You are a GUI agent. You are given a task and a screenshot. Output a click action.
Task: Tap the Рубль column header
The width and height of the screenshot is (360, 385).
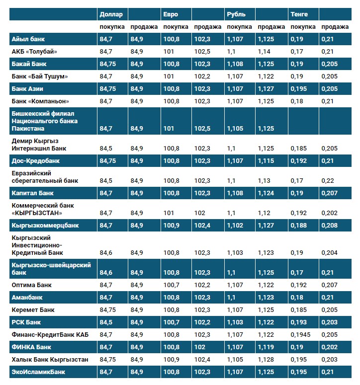coord(236,14)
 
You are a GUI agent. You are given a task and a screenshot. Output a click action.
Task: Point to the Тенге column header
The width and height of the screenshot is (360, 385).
coord(299,14)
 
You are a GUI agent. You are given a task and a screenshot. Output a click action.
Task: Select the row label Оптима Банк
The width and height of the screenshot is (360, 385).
coord(31,285)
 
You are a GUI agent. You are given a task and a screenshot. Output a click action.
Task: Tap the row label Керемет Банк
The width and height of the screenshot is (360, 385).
coord(33,310)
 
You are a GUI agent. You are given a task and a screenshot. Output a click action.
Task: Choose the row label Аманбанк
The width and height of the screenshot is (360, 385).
coord(27,298)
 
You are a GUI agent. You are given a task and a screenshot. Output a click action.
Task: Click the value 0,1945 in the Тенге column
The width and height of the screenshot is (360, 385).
coord(301,335)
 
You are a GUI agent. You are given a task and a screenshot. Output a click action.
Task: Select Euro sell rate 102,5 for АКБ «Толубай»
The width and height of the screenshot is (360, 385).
coord(202,51)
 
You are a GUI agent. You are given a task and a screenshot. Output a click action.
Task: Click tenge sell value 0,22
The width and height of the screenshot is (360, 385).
coord(328,181)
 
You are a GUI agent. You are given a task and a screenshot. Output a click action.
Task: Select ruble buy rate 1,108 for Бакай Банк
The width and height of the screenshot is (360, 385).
coord(236,64)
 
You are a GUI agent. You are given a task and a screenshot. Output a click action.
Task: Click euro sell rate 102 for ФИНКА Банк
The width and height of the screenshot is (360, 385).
coord(199,347)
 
